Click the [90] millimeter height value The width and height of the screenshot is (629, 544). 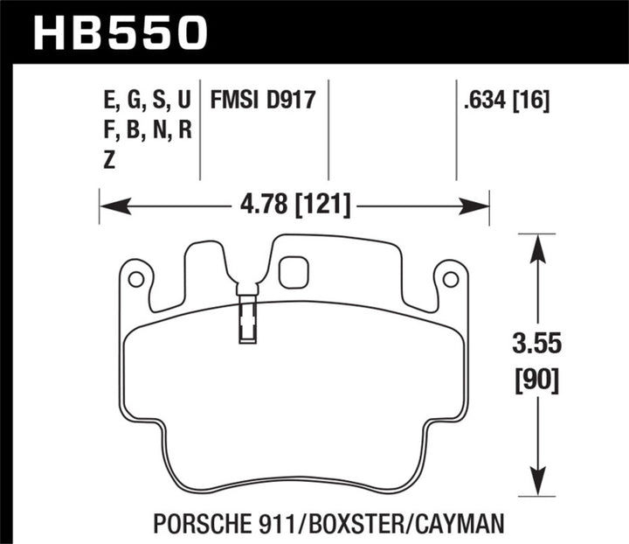click(x=536, y=380)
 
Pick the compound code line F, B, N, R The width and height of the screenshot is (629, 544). click(x=146, y=129)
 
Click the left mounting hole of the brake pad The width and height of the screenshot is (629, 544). click(x=135, y=280)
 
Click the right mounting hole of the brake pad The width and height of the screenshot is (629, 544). click(x=451, y=280)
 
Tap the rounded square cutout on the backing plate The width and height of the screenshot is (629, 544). click(x=294, y=272)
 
